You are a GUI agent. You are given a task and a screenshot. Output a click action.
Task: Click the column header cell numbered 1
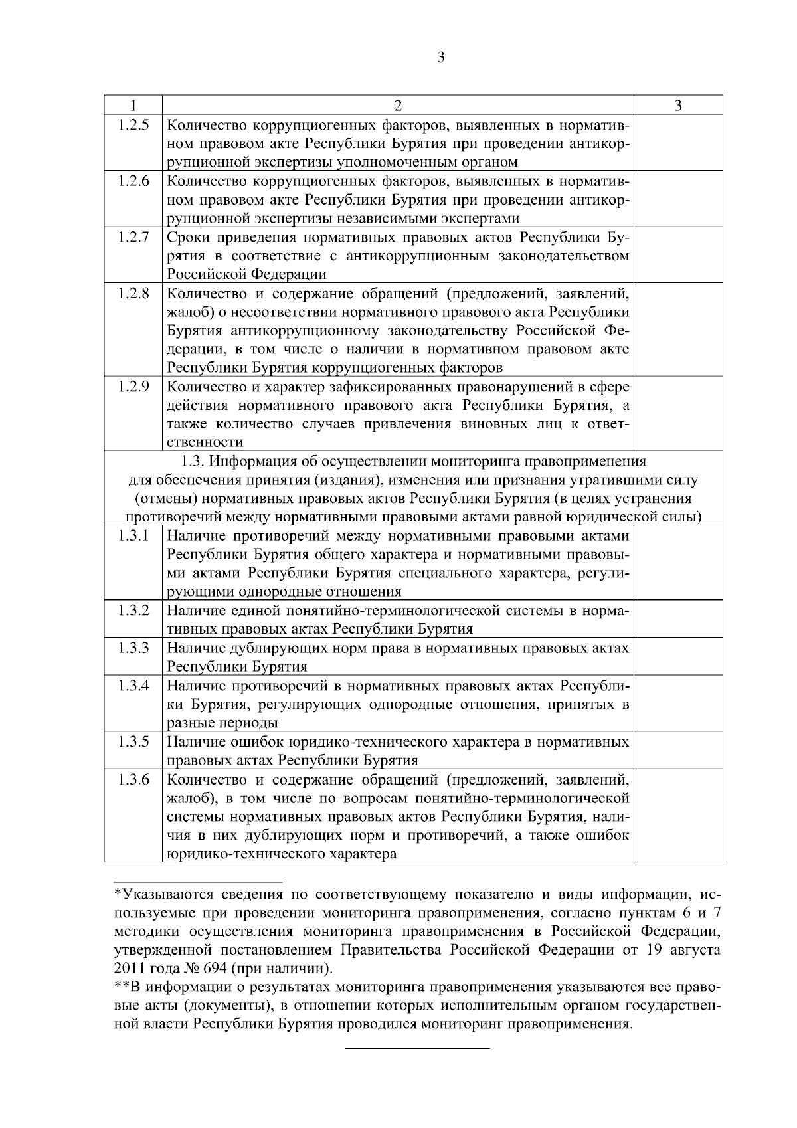point(133,105)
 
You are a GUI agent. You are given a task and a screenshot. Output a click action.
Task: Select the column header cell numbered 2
point(398,105)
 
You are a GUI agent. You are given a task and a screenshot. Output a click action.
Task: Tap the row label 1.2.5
point(133,124)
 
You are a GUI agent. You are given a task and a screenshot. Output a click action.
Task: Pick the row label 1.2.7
point(133,237)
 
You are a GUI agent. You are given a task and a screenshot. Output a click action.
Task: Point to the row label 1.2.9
point(133,386)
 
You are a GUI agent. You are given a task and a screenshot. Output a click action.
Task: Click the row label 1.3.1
point(133,535)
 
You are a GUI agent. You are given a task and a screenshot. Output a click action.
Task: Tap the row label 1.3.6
point(133,779)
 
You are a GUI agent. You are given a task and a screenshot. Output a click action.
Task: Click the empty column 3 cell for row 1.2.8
point(678,330)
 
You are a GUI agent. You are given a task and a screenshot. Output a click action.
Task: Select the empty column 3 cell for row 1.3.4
point(678,704)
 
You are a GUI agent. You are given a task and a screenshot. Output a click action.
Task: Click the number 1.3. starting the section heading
point(193,461)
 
